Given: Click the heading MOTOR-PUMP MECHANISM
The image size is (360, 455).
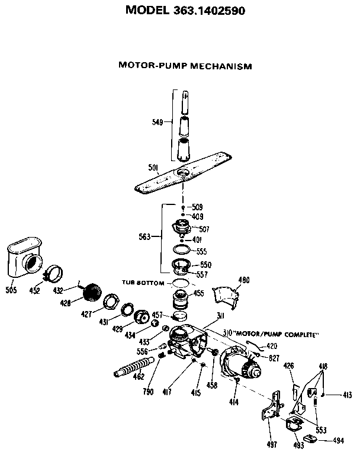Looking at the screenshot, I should tap(185, 66).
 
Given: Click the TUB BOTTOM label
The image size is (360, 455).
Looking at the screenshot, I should tap(143, 283).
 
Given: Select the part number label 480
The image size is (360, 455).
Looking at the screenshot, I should tap(244, 280).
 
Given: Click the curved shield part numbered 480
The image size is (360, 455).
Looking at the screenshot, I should tap(227, 296).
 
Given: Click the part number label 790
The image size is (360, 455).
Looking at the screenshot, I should tap(147, 392).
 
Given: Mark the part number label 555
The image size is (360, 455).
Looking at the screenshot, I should tap(201, 251).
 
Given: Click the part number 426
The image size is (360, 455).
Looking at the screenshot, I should tap(289, 366).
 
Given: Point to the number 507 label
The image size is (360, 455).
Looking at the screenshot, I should tap(204, 229).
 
